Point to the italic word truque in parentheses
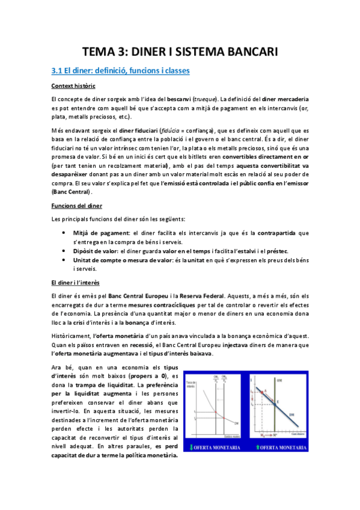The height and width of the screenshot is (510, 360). (x=206, y=99)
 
